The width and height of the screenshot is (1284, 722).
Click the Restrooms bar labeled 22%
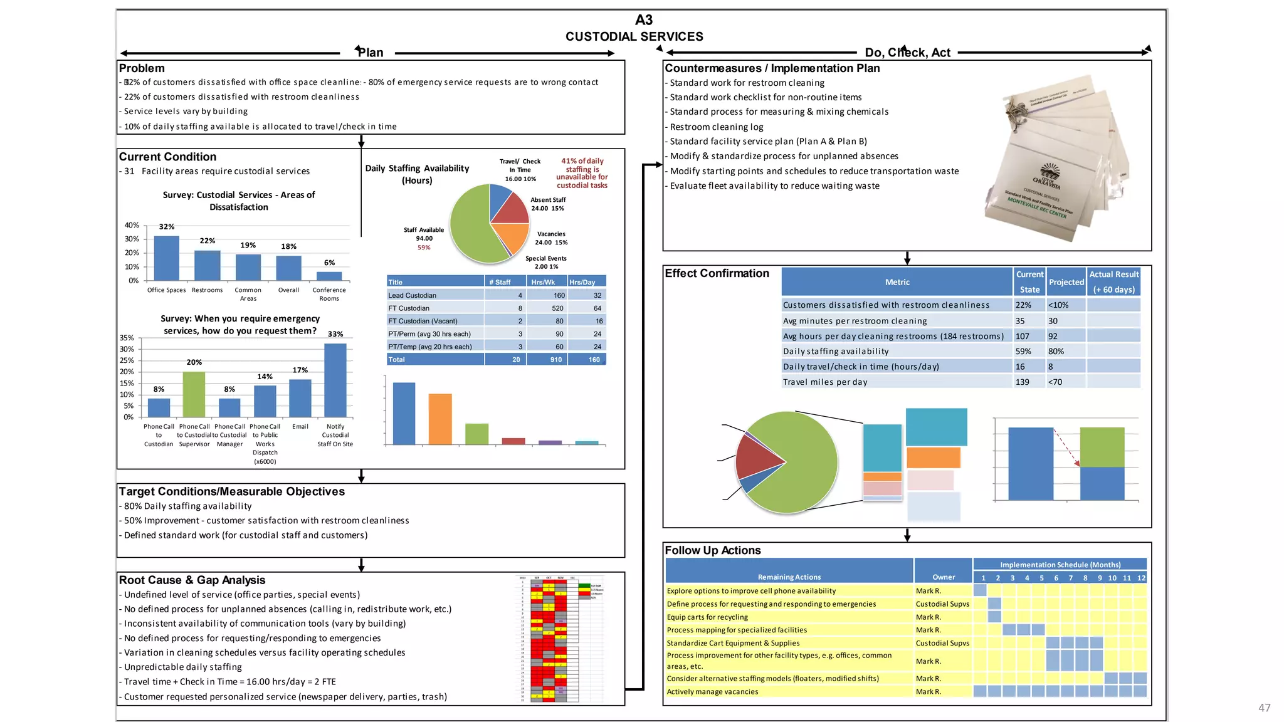[207, 265]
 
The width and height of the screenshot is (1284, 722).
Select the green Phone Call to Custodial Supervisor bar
[194, 394]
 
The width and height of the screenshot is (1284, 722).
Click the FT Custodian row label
[409, 308]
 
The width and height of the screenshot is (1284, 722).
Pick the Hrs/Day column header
[582, 282]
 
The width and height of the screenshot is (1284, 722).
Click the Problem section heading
[142, 68]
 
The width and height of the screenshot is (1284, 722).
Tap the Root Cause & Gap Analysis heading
[192, 580]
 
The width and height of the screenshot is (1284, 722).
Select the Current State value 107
[1023, 337]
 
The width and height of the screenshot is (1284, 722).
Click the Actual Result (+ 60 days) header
[1113, 282]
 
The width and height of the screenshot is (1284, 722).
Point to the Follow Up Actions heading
[712, 550]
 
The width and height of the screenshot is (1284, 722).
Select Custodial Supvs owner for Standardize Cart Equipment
[942, 643]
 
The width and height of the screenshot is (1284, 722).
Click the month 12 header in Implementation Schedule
[1141, 578]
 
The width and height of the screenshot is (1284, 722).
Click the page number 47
[1264, 708]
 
